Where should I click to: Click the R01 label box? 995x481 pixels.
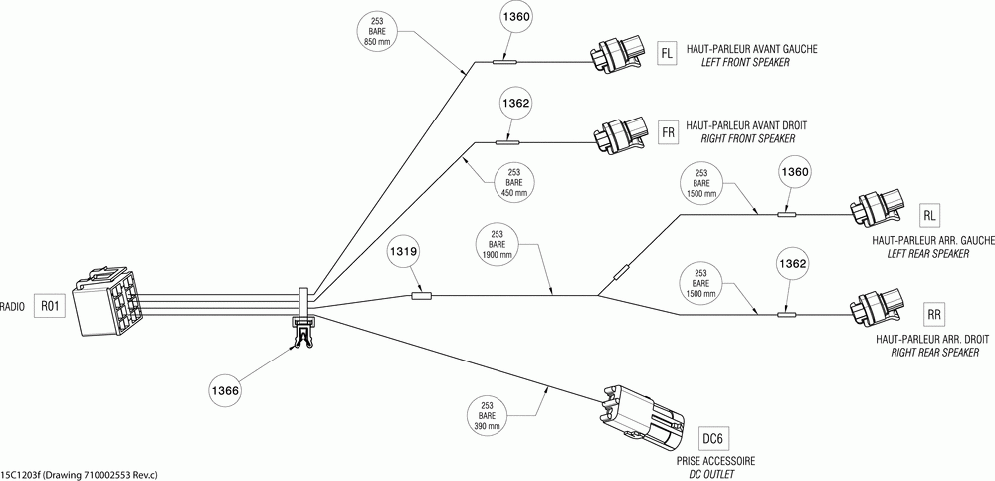point(50,307)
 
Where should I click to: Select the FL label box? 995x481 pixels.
point(667,54)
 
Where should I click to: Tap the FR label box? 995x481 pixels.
point(668,132)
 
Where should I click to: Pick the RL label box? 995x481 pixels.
point(930,215)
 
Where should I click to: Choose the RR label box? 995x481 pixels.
point(933,314)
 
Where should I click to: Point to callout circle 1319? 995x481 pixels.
point(404,252)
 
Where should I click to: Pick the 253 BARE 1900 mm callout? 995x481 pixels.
point(497,244)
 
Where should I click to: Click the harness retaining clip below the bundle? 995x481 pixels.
point(303,333)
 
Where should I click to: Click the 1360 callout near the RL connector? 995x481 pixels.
point(796,172)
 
